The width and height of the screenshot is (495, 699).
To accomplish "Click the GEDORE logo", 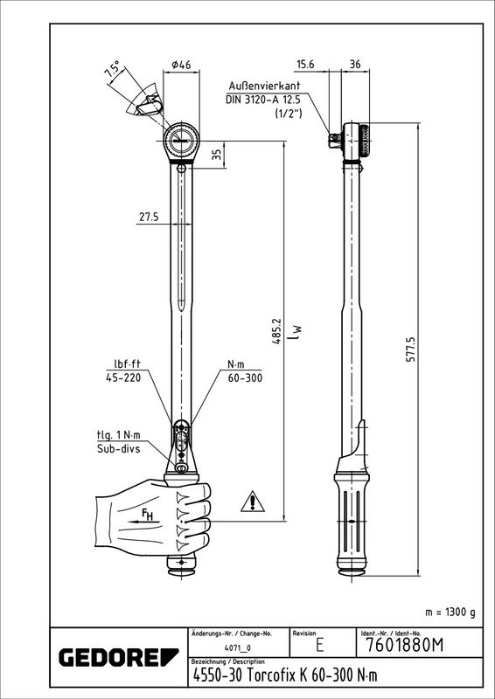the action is click(119, 658).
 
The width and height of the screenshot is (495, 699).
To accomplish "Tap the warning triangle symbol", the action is click(253, 502).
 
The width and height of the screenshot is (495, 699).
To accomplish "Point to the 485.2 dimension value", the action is click(278, 330).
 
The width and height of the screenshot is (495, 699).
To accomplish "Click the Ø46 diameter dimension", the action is click(181, 64).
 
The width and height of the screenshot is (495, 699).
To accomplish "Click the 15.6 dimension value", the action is click(305, 64).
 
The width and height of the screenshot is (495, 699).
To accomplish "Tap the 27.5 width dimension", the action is click(149, 217).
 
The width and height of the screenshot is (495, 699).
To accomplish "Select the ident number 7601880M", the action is click(404, 645).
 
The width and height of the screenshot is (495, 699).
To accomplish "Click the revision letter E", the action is click(319, 646).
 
